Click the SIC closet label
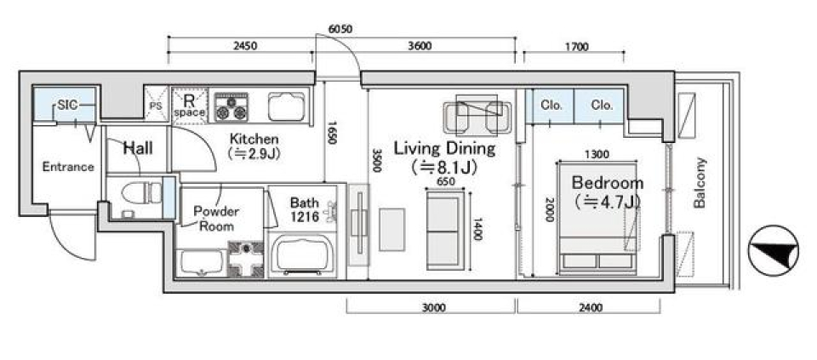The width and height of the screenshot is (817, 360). pyautogui.click(x=66, y=106)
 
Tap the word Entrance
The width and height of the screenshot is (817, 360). pyautogui.click(x=68, y=168)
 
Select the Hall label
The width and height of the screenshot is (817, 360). pyautogui.click(x=138, y=148)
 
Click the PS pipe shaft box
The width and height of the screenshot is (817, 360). pyautogui.click(x=156, y=105)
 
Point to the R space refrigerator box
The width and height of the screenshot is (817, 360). pyautogui.click(x=189, y=106)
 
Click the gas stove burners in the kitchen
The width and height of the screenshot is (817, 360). pyautogui.click(x=231, y=106)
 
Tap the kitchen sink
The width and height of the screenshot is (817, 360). pyautogui.click(x=287, y=106)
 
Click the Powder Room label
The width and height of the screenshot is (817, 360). pyautogui.click(x=215, y=219)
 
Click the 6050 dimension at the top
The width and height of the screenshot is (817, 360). pyautogui.click(x=340, y=29)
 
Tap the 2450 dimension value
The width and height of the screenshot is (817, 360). pyautogui.click(x=244, y=46)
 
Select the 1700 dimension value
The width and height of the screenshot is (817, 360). pyautogui.click(x=576, y=47)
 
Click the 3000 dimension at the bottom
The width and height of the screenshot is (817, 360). pyautogui.click(x=433, y=307)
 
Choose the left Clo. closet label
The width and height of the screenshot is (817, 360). pyautogui.click(x=551, y=105)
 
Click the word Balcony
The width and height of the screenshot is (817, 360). pyautogui.click(x=700, y=182)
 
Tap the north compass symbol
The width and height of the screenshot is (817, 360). pyautogui.click(x=774, y=250)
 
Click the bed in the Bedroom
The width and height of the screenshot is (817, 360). pyautogui.click(x=597, y=218)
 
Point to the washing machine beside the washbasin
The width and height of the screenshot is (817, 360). pyautogui.click(x=246, y=259)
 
